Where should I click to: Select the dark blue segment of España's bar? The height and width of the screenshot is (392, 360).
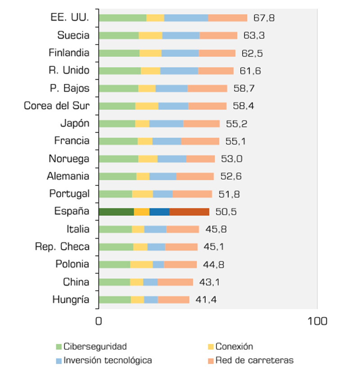(x=159, y=212)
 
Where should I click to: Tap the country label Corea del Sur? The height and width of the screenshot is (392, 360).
(x=56, y=106)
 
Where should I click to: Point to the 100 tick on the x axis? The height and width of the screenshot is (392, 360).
(x=317, y=321)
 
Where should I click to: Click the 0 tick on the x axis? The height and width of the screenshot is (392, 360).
(x=99, y=321)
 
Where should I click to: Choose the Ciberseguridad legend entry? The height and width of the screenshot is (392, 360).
(x=95, y=347)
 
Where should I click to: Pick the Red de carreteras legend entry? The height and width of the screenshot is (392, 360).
(x=254, y=360)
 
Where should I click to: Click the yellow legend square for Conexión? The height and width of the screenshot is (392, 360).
(x=210, y=347)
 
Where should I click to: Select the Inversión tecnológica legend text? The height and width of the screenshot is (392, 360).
(x=108, y=360)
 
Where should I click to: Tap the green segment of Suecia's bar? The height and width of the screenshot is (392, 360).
(x=119, y=36)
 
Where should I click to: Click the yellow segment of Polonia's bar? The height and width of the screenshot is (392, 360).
(x=141, y=264)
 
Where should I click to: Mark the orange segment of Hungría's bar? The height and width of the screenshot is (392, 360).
(x=173, y=300)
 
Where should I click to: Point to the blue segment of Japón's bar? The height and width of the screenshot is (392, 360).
(x=166, y=123)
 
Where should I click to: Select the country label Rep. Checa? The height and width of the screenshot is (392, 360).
(x=62, y=247)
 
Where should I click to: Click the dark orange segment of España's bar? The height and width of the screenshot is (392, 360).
(x=189, y=212)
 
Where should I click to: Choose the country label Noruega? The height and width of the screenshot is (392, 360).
(x=69, y=158)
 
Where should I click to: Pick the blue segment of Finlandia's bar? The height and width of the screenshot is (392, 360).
(x=180, y=53)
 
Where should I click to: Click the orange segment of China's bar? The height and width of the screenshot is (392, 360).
(x=175, y=282)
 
